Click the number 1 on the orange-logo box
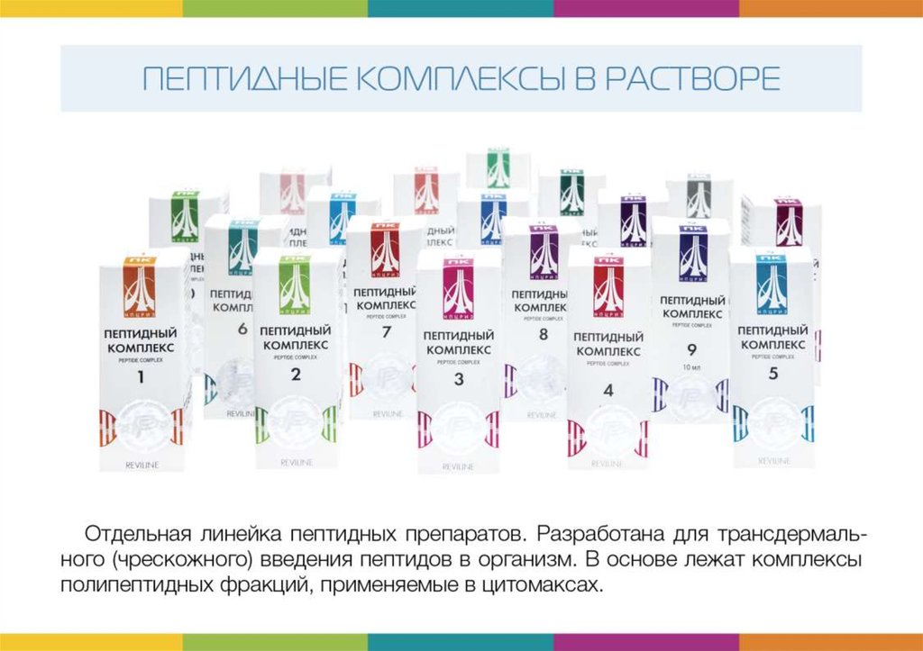point(140,378)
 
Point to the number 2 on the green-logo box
point(296,375)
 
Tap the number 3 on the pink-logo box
point(458,380)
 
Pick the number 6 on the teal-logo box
point(242,330)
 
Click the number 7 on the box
point(386,332)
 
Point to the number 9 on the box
point(692,350)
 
